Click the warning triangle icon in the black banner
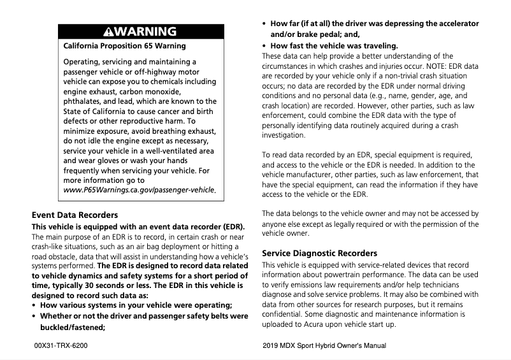tap(108, 31)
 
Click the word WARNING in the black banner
tap(145, 31)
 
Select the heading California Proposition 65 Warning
tap(125, 46)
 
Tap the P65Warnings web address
tap(140, 191)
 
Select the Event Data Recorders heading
tap(75, 215)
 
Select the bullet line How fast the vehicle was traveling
tap(334, 46)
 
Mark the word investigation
tap(284, 136)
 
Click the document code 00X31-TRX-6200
tap(61, 346)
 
